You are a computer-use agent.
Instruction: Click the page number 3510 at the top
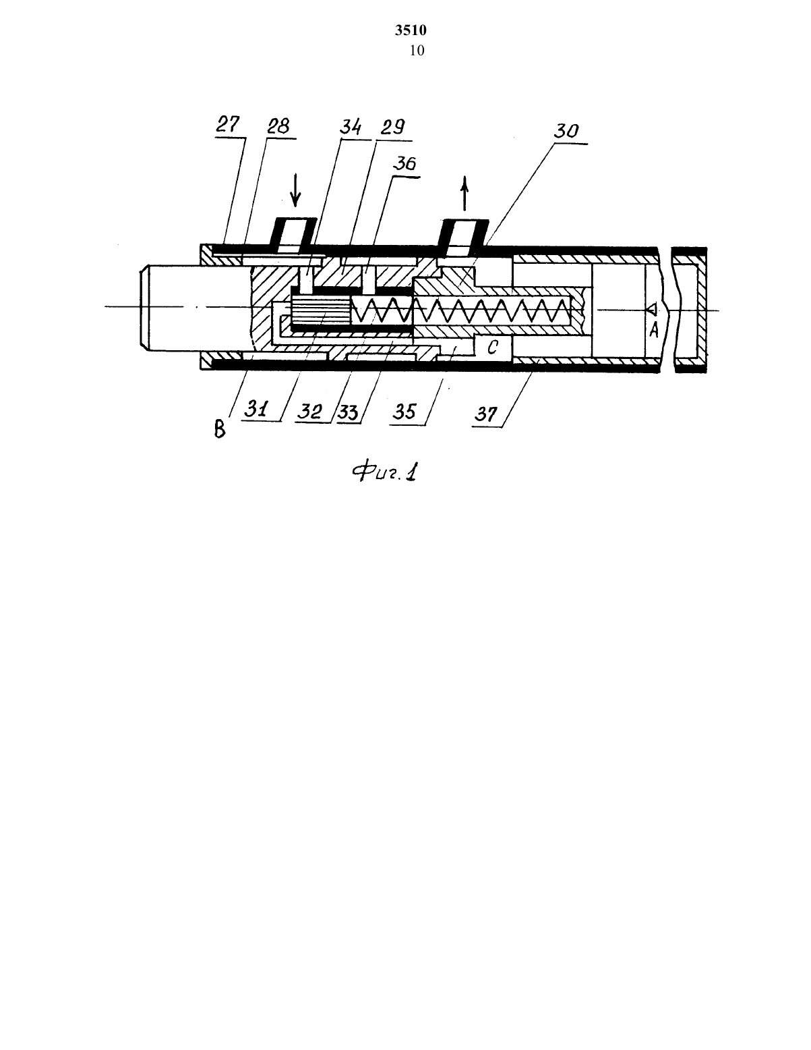(x=411, y=30)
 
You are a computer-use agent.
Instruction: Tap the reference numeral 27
(x=227, y=124)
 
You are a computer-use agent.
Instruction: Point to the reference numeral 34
(x=351, y=127)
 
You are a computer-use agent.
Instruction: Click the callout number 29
(x=392, y=127)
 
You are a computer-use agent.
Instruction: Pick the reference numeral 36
(x=404, y=164)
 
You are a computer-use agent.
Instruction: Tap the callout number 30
(x=566, y=131)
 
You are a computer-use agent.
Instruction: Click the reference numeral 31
(x=256, y=410)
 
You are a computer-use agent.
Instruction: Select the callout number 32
(x=309, y=411)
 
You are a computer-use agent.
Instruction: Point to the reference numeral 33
(x=348, y=412)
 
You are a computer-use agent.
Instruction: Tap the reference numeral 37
(x=485, y=414)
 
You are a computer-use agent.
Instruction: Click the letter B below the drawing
(x=220, y=429)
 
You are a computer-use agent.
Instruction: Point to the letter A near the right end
(x=654, y=330)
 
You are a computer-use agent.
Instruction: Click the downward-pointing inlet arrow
(x=295, y=191)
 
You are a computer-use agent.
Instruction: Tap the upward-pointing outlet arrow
(x=464, y=193)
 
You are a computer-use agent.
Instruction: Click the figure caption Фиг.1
(x=384, y=472)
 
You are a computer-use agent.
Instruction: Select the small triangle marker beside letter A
(x=652, y=308)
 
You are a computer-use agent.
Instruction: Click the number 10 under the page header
(x=417, y=51)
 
